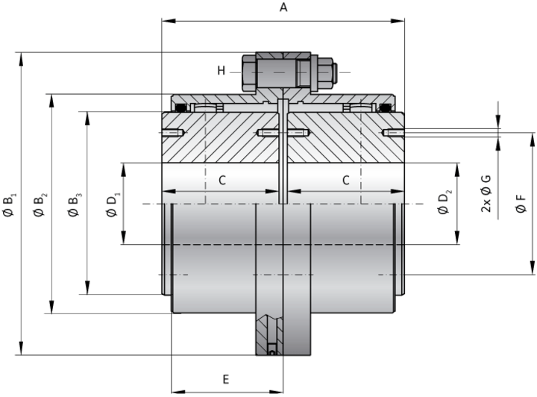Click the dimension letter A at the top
283,8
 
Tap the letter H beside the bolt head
222,70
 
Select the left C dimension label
222,180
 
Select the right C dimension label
345,180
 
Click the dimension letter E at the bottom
226,380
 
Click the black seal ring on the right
386,109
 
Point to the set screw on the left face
171,134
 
